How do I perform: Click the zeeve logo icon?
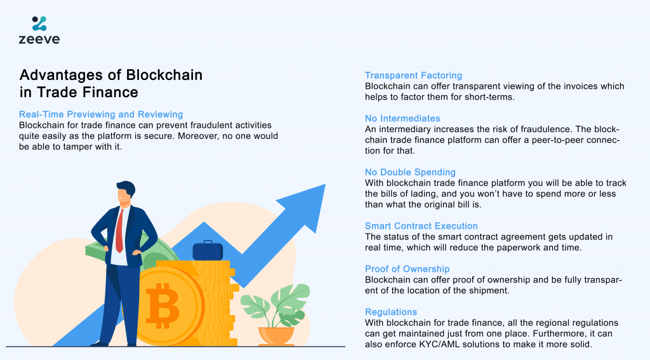coord(39,23)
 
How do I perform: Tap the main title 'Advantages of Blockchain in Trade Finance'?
coord(111,83)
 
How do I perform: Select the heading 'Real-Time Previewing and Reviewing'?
coord(101,114)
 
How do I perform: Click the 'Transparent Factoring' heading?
coord(413,76)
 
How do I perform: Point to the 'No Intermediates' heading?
coord(402,119)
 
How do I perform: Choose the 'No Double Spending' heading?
coord(410,172)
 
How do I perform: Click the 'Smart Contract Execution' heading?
coord(421,226)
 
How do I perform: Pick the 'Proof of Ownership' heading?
coord(407,269)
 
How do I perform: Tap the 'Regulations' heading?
coord(391,312)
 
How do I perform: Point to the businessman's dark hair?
coord(127,188)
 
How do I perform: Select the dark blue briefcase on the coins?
coord(208,250)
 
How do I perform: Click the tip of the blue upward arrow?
coord(326,185)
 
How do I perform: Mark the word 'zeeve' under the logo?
coord(39,39)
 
